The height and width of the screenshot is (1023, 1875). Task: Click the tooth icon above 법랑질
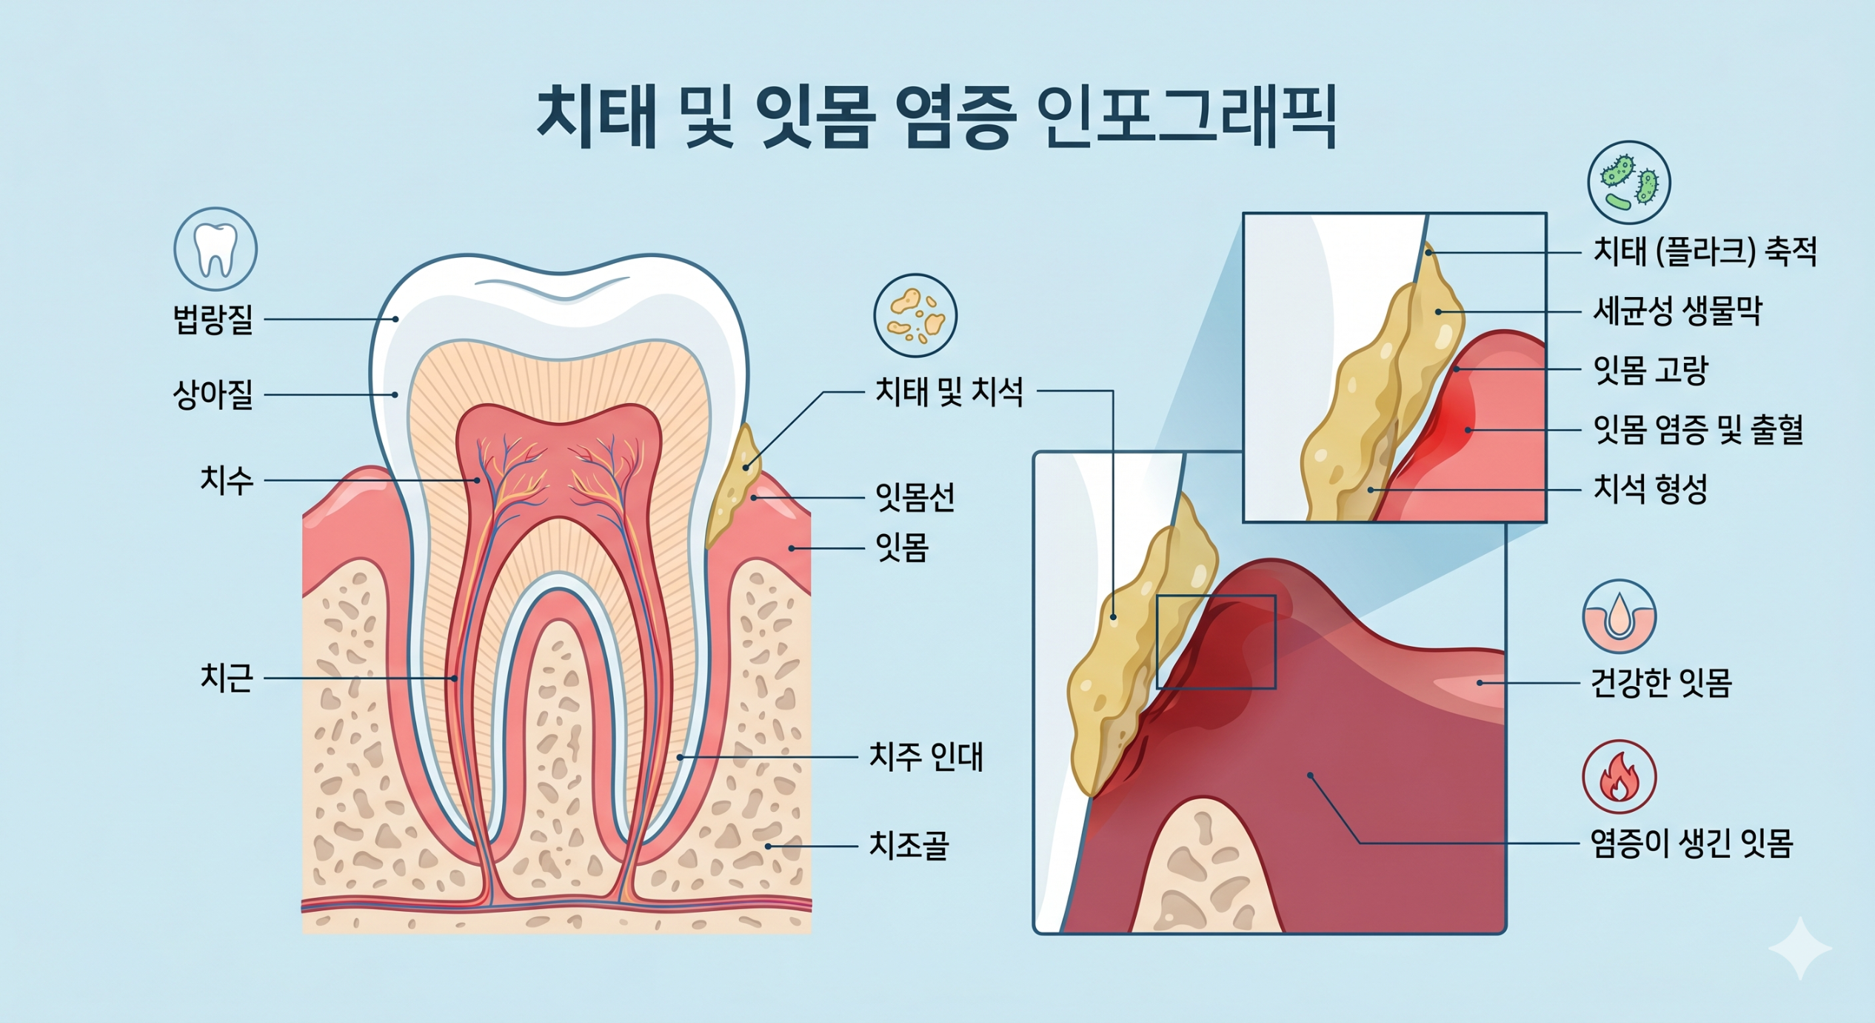coord(215,249)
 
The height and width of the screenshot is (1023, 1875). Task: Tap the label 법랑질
coord(213,320)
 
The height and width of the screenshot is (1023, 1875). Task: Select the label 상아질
coord(213,395)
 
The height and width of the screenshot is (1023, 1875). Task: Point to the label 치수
coord(227,480)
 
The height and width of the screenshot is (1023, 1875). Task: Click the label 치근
coord(227,678)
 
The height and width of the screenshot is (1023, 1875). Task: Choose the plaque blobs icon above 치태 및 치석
coord(915,316)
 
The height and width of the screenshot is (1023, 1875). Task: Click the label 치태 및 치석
coord(949,391)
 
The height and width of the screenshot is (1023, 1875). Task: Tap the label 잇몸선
coord(915,497)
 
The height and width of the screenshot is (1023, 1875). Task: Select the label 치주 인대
coord(926,757)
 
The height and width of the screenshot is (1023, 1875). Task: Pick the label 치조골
coord(909,845)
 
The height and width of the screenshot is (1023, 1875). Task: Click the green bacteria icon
coord(1629,183)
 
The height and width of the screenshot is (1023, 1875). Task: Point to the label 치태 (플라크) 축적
coord(1705,252)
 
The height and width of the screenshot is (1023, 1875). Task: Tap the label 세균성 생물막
coord(1677,311)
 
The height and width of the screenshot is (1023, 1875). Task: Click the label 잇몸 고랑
coord(1651,370)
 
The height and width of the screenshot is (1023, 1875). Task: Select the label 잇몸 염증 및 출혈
coord(1698,430)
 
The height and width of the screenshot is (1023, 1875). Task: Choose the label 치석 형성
coord(1651,489)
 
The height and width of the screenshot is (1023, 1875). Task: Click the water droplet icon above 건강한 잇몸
coord(1620,616)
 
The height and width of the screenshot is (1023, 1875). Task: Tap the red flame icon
coord(1620,777)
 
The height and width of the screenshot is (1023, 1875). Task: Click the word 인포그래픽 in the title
coord(1187,117)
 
